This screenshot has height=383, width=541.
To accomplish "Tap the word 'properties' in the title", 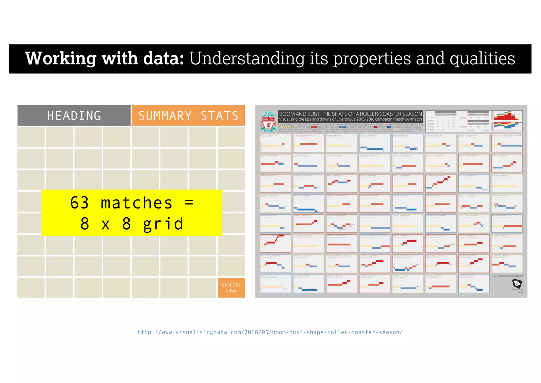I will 372,59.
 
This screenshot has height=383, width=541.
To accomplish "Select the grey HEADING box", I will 74,116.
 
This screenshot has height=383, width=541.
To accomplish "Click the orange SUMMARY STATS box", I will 188,116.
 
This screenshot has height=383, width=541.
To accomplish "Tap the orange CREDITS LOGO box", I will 231,288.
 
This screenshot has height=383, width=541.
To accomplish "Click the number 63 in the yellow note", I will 79,203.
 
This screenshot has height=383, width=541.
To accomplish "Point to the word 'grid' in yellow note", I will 163,224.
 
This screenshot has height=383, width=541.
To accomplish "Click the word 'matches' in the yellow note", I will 137,203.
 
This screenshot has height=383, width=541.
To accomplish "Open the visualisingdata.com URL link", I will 270,332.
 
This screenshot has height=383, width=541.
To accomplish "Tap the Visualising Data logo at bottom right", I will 517,285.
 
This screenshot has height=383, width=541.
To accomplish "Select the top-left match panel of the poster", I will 275,143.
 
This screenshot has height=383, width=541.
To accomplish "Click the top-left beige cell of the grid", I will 31,137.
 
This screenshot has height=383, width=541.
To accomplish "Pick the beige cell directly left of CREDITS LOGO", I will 202,288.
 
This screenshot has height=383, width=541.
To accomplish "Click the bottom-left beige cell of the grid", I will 31,288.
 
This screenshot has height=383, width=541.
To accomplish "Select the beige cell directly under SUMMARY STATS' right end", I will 231,137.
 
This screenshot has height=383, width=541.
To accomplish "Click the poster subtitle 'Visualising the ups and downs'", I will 350,119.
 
